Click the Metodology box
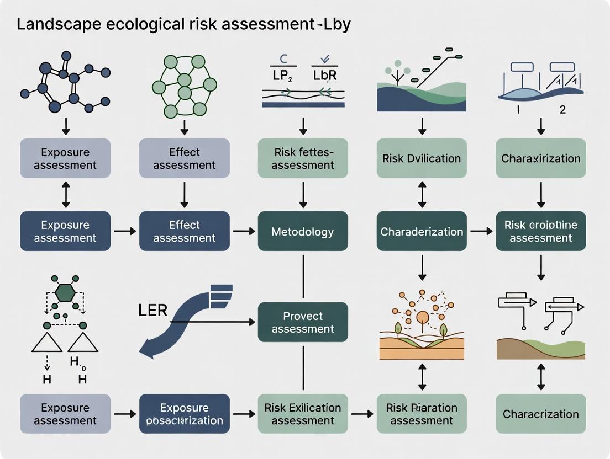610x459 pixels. pyautogui.click(x=303, y=231)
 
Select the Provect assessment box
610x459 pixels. pyautogui.click(x=303, y=322)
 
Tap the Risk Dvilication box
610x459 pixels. pyautogui.click(x=422, y=158)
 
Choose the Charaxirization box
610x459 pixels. pyautogui.click(x=541, y=158)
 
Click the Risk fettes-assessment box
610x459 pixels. pyautogui.click(x=303, y=158)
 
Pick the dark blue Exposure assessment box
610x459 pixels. pyautogui.click(x=65, y=231)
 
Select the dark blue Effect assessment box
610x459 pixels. pyautogui.click(x=184, y=231)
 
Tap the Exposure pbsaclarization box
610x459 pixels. pyautogui.click(x=184, y=414)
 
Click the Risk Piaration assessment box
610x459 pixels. pyautogui.click(x=422, y=414)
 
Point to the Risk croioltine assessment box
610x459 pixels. pyautogui.click(x=541, y=231)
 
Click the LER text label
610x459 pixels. pyautogui.click(x=152, y=310)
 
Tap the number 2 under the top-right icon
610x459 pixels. pyautogui.click(x=562, y=109)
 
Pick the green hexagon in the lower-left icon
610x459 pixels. pyautogui.click(x=65, y=292)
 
